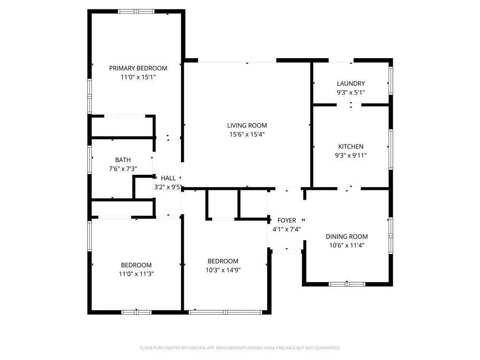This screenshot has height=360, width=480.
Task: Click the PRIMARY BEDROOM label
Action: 138,68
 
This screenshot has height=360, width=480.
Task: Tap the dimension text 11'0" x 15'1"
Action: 138,77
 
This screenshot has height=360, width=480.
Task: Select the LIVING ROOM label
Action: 247,125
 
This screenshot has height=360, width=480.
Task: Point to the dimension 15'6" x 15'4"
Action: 247,134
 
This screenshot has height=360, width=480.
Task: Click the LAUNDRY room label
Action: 351,83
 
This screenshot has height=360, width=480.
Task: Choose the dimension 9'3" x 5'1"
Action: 351,92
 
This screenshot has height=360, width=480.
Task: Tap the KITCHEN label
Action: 351,146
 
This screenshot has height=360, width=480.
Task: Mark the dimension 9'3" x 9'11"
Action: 351,155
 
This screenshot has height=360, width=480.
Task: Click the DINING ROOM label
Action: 346,236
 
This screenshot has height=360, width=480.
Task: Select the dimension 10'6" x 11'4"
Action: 346,245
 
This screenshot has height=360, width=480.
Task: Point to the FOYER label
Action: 286,220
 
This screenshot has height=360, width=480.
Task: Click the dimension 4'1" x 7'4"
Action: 286,229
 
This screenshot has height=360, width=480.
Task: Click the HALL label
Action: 168,178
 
